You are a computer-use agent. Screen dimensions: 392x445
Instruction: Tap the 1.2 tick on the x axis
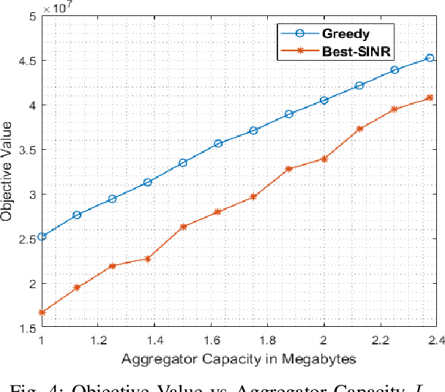click(97, 341)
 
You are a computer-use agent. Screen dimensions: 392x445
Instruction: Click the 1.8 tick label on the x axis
click(267, 341)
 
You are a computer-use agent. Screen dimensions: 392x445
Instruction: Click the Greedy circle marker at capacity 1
click(42, 236)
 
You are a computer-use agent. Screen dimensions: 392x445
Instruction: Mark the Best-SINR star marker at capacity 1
click(42, 312)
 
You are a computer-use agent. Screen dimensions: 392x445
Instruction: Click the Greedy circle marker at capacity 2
click(324, 100)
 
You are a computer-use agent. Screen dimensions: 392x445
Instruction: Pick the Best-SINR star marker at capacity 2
click(324, 159)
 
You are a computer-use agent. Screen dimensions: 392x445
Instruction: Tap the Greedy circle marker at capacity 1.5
click(183, 162)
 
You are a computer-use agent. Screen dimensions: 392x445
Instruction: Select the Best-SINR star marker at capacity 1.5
click(183, 227)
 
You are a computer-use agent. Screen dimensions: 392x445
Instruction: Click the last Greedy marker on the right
click(430, 58)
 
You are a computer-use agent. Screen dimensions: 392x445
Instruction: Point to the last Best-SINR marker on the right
click(430, 98)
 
